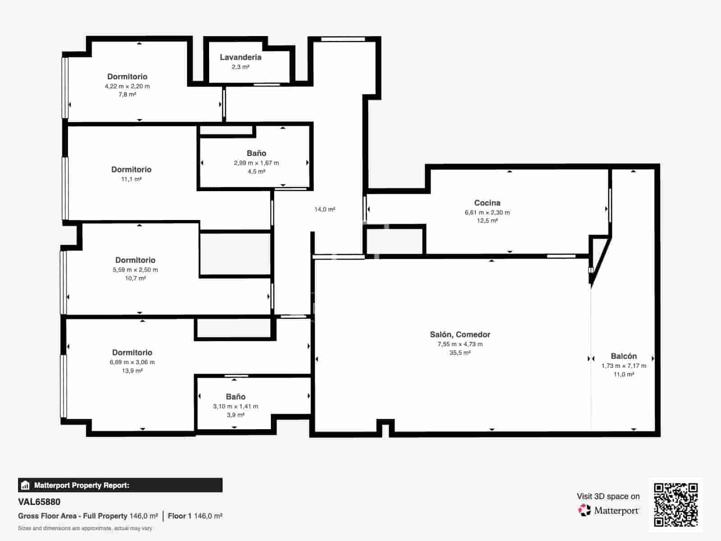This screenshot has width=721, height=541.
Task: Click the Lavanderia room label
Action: (x=241, y=57)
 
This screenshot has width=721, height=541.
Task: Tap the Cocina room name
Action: (x=487, y=203)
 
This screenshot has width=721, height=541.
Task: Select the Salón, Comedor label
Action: (x=460, y=335)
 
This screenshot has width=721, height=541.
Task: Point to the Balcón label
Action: (x=624, y=356)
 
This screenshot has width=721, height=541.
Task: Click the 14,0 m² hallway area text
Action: (x=324, y=209)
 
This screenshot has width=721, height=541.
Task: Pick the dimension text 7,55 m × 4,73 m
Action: (x=460, y=344)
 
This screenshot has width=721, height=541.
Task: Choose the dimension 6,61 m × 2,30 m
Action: (x=487, y=212)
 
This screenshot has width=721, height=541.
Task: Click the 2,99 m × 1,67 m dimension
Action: (x=256, y=163)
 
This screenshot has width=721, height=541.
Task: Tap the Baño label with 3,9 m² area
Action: (x=236, y=396)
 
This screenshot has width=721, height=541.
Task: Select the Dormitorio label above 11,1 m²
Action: (x=131, y=170)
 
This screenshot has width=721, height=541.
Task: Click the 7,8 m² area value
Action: (x=127, y=95)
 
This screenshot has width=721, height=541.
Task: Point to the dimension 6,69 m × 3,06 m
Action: (x=132, y=362)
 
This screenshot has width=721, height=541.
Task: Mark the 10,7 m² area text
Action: (x=135, y=278)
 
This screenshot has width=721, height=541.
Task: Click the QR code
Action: (x=675, y=504)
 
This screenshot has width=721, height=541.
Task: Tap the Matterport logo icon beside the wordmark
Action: (x=584, y=510)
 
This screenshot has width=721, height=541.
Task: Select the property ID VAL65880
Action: (x=39, y=502)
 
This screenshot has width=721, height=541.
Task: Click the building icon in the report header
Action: (x=25, y=485)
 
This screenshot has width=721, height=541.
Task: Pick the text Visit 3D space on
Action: (x=608, y=496)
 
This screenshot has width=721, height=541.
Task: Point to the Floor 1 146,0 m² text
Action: (x=195, y=516)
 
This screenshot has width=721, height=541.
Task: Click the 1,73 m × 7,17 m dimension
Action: (x=624, y=366)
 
